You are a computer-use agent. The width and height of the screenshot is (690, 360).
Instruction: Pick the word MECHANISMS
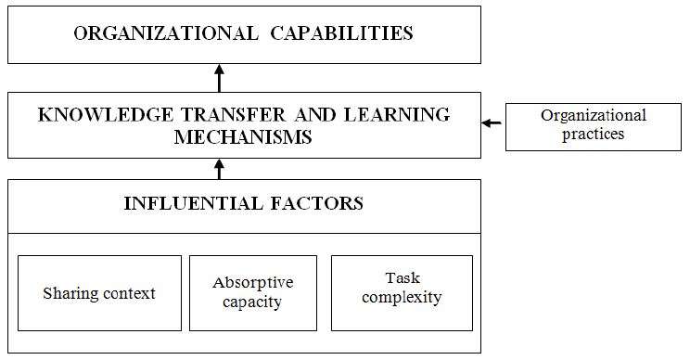(x=243, y=136)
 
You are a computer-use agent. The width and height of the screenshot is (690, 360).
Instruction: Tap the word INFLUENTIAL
(x=189, y=202)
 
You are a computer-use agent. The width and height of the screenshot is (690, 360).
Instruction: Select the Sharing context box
(x=99, y=293)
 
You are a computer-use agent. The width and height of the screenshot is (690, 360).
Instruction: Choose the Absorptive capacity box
(x=253, y=293)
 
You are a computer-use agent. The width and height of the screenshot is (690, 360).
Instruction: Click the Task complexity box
(x=400, y=293)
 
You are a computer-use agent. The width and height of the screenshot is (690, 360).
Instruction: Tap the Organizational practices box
(x=593, y=125)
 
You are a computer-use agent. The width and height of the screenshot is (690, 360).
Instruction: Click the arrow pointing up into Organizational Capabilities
(x=219, y=77)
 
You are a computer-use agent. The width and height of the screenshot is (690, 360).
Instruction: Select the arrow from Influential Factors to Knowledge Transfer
(x=219, y=168)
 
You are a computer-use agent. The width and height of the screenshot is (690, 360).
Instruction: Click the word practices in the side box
(x=594, y=134)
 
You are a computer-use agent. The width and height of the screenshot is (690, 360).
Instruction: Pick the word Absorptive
(x=253, y=282)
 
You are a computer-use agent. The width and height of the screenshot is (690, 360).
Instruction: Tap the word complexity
(x=401, y=298)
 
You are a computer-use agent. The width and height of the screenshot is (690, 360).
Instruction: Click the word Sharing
(x=70, y=293)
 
